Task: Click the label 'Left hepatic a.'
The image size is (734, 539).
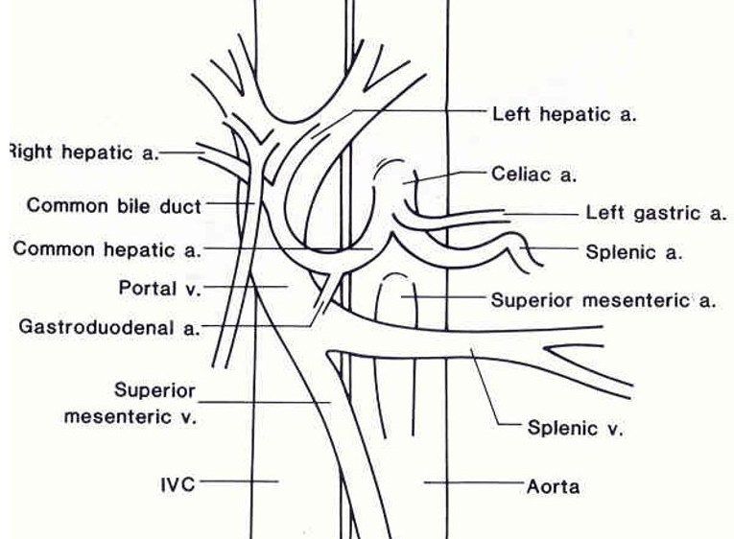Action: pos(564,114)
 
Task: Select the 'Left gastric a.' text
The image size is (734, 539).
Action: pos(655,214)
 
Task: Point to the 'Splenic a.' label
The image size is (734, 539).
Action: pos(633,253)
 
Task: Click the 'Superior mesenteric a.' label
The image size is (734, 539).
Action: pos(604,300)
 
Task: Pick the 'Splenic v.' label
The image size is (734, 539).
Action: pos(575,428)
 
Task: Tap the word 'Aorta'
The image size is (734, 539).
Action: pos(553,486)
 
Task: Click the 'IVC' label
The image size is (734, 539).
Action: pos(178,484)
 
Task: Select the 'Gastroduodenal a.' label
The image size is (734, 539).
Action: pos(109,328)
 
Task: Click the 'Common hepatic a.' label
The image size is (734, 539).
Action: pos(107,249)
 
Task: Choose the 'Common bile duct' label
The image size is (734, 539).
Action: pos(114,205)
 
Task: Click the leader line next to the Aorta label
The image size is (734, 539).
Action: pos(471,482)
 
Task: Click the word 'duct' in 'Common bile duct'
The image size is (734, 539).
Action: pos(182,205)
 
